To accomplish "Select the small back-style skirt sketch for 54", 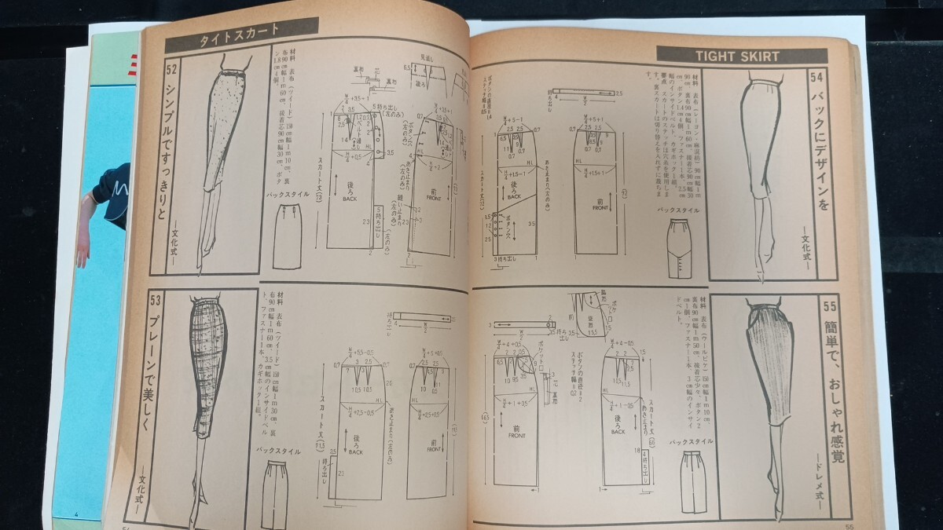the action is point(677,247).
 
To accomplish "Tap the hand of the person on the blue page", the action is point(81,251).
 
